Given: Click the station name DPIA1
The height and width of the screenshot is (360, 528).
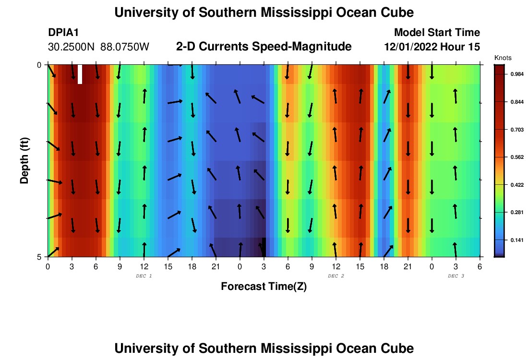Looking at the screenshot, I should pyautogui.click(x=63, y=33).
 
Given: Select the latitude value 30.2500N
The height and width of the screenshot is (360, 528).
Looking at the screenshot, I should pyautogui.click(x=72, y=47).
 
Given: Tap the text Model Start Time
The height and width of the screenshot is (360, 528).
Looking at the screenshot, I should pyautogui.click(x=436, y=33).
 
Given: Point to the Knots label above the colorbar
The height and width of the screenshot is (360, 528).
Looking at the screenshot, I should pyautogui.click(x=503, y=58).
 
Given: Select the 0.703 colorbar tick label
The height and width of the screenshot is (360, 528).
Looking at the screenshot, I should pyautogui.click(x=512, y=130).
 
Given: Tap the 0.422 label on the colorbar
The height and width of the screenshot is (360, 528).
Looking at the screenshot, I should pyautogui.click(x=512, y=185).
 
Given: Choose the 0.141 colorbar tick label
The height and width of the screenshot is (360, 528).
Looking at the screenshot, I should pyautogui.click(x=512, y=240).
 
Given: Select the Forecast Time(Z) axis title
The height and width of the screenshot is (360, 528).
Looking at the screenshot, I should pyautogui.click(x=264, y=287).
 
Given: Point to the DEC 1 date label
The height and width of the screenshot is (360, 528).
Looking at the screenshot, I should pyautogui.click(x=144, y=276).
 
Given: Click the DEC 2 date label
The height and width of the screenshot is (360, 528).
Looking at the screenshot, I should pyautogui.click(x=336, y=276).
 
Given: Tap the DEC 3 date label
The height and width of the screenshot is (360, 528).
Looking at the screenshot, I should pyautogui.click(x=456, y=276).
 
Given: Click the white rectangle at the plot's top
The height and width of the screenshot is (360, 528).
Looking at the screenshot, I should pyautogui.click(x=80, y=74).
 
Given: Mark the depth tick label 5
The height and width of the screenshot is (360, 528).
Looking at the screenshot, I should pyautogui.click(x=39, y=257).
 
